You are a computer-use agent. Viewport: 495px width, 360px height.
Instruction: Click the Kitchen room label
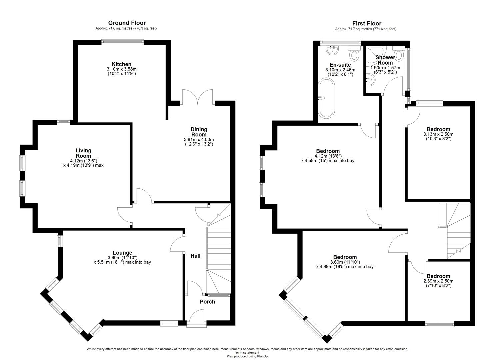pyautogui.click(x=122, y=64)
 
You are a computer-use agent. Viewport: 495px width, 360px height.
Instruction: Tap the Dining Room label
pyautogui.click(x=199, y=132)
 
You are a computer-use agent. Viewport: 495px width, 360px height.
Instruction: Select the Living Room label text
pyautogui.click(x=83, y=153)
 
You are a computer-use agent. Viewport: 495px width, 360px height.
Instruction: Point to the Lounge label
pyautogui.click(x=122, y=253)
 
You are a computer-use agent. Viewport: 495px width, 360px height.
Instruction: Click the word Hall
pyautogui.click(x=196, y=256)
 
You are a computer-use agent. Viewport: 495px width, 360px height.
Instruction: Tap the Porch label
pyautogui.click(x=207, y=302)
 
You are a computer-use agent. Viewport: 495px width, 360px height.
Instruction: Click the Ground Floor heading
pyautogui.click(x=127, y=23)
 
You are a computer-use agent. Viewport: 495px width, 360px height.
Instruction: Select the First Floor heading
pyautogui.click(x=367, y=23)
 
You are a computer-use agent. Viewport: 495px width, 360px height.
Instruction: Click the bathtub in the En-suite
pyautogui.click(x=326, y=98)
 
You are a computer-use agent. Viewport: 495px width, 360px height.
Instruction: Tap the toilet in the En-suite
pyautogui.click(x=354, y=53)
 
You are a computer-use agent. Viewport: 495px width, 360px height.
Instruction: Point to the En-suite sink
pyautogui.click(x=332, y=50)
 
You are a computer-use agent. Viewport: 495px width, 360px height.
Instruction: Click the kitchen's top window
pyautogui.click(x=123, y=42)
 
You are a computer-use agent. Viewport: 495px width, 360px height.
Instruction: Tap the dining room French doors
pyautogui.click(x=198, y=97)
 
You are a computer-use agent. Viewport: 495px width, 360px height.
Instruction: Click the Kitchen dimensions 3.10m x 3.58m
pyautogui.click(x=122, y=69)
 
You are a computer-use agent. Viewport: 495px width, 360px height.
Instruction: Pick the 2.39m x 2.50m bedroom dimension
pyautogui.click(x=438, y=281)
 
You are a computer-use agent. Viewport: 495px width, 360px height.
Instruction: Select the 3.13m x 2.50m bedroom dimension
pyautogui.click(x=438, y=134)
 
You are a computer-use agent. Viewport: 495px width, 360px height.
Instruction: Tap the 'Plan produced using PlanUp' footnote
pyautogui.click(x=247, y=356)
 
